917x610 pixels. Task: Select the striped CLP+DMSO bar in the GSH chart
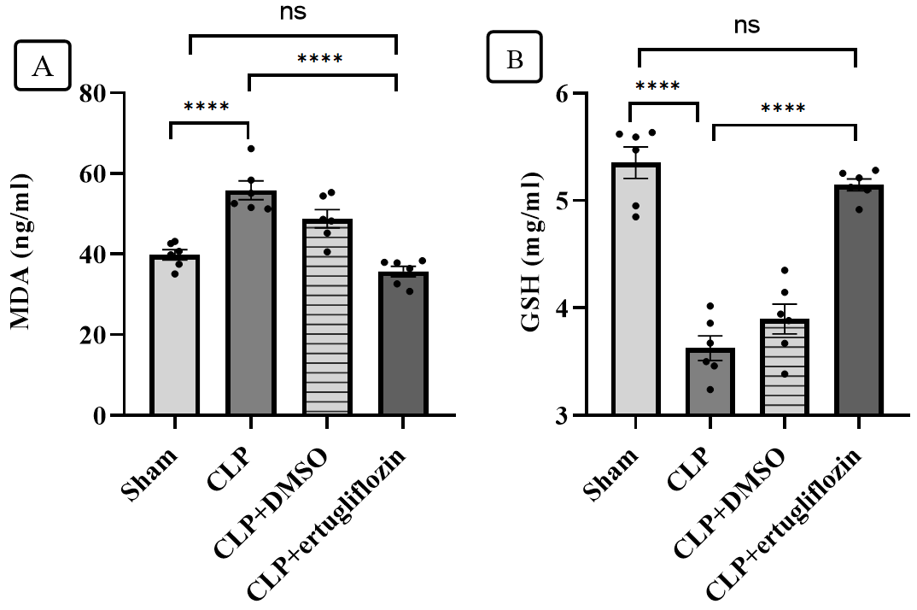pyautogui.click(x=785, y=367)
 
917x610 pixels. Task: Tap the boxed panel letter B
pyautogui.click(x=514, y=59)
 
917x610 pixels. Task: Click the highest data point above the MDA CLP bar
pyautogui.click(x=251, y=149)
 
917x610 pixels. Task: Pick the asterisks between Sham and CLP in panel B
pyautogui.click(x=657, y=85)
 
